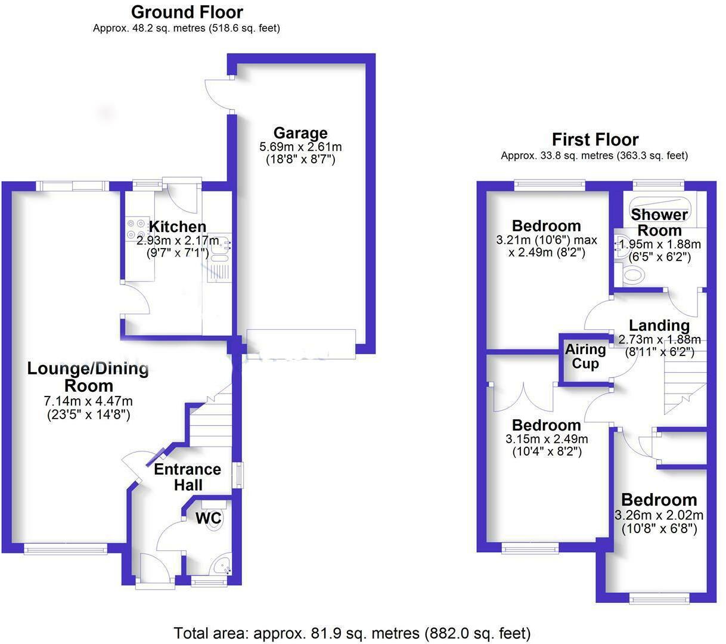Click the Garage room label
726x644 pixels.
coord(300,132)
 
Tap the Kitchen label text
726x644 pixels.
coord(177,227)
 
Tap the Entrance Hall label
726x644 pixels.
coord(187,477)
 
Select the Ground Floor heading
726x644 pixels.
coord(187,12)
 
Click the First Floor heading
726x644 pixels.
coord(595,140)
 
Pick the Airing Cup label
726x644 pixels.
coord(585,357)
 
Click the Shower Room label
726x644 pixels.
coord(659,222)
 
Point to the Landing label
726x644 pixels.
coord(659,326)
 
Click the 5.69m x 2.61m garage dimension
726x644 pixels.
coord(300,147)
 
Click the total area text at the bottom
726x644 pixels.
coord(352,633)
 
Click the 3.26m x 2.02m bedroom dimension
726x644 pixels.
coord(659,515)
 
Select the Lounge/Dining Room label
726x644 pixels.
coord(88,376)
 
